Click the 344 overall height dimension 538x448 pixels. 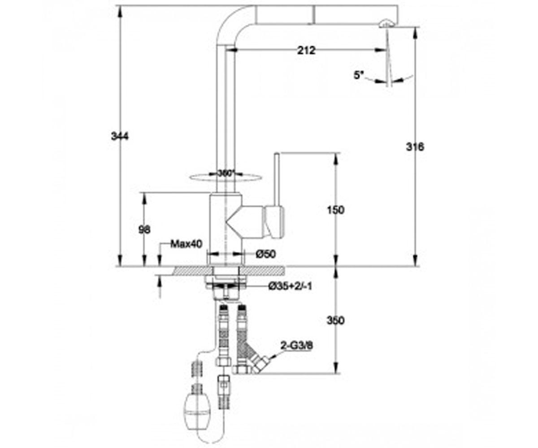pos(120,136)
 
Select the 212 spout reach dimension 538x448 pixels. pos(306,51)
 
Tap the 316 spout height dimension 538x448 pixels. pos(415,147)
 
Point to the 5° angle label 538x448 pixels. pos(358,75)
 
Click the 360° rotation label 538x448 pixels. pos(226,173)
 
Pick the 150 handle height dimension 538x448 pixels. pos(335,210)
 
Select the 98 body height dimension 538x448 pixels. pos(144,230)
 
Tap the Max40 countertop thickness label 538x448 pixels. pos(187,244)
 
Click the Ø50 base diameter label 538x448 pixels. pos(266,254)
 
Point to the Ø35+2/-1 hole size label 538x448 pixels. pos(290,286)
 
